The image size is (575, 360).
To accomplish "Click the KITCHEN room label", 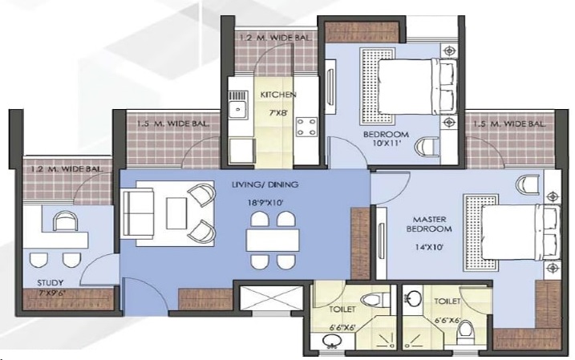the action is [278, 95].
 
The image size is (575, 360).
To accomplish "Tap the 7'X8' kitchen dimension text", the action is [277, 113].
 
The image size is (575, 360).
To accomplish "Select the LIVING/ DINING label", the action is [265, 184].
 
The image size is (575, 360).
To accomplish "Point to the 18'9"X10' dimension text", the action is [265, 203].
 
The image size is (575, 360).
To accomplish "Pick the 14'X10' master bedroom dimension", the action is [429, 247].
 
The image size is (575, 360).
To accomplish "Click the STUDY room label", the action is [51, 283].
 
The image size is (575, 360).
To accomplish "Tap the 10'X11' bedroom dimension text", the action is [386, 144].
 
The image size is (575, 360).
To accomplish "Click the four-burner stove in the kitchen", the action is [306, 127].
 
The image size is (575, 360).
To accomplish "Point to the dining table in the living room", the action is [273, 240].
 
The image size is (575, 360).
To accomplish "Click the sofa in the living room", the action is [137, 214].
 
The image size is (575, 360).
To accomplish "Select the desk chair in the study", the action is [66, 221].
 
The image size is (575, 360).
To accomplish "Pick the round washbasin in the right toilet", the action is [415, 297].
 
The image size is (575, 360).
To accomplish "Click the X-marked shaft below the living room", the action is [271, 299].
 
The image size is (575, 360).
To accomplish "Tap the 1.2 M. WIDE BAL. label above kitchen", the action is [274, 38].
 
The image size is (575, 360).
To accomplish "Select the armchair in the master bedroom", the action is [527, 184].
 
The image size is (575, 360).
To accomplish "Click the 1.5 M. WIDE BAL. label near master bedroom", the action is [509, 124].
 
